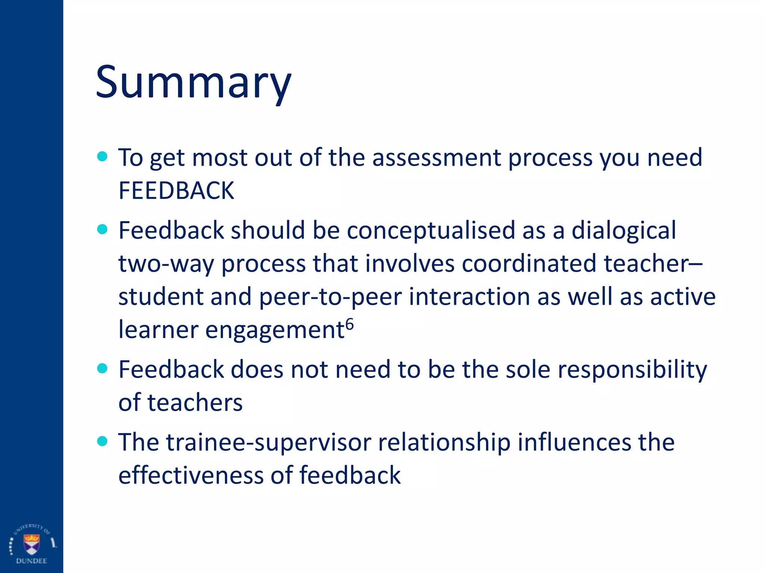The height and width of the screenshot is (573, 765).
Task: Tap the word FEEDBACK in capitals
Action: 176,191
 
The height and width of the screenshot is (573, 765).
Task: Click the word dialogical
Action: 623,230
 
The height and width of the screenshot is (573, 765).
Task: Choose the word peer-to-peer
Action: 330,297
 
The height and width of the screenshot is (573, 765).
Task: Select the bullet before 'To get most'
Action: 102,156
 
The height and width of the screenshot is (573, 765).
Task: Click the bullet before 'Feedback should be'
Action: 102,229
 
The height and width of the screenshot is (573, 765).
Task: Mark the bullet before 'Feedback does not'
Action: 102,369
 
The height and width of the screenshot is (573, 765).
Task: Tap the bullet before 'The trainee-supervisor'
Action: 102,441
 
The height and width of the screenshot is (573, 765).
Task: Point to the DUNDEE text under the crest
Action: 31,561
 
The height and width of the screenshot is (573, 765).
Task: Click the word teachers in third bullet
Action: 195,403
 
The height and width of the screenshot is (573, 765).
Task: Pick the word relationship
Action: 444,443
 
